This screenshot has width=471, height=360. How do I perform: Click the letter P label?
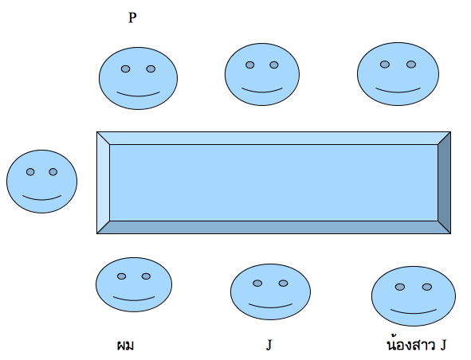click(132, 18)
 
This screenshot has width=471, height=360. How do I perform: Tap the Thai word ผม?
click(125, 346)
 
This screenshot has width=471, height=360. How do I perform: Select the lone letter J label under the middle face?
click(269, 345)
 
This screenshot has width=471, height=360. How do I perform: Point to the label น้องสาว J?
click(417, 345)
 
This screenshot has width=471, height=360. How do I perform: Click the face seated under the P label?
click(138, 78)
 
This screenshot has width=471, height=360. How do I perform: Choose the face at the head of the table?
click(41, 182)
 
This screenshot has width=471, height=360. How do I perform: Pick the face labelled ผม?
click(134, 284)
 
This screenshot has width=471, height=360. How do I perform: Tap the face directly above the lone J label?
click(270, 292)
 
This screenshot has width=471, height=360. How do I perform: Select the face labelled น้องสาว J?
click(414, 296)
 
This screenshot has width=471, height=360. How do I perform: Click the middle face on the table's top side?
click(262, 74)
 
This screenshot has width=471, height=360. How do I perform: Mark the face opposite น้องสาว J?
click(398, 74)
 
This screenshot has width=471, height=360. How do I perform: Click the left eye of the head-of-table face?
click(30, 172)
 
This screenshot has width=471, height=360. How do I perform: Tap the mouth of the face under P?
click(138, 95)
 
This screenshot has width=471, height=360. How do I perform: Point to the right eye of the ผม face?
click(146, 276)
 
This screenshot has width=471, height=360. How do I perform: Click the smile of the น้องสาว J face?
click(414, 311)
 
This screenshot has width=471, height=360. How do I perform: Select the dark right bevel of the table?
click(444, 182)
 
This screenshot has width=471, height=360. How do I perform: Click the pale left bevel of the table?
click(104, 182)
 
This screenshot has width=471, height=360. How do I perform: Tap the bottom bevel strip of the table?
click(273, 227)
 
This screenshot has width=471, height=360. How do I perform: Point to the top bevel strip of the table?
click(273, 138)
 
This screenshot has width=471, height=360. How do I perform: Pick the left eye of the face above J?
click(257, 283)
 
